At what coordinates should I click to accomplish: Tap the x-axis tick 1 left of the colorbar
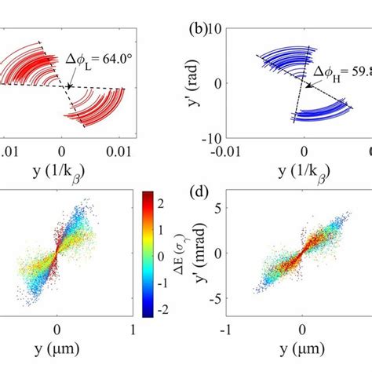134,330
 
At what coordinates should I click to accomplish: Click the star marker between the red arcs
69,86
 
